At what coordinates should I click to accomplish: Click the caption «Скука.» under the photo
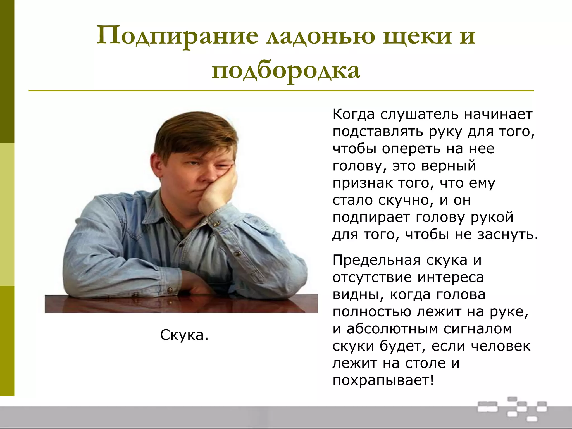[184, 335]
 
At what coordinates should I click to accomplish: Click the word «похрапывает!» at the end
[383, 380]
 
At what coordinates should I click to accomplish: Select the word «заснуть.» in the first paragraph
[507, 234]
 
